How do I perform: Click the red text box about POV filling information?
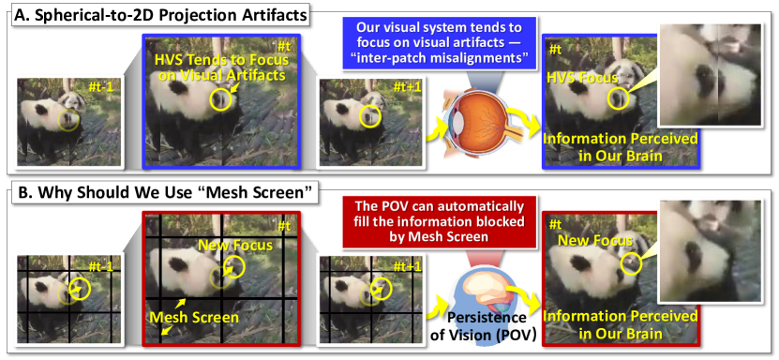(440, 222)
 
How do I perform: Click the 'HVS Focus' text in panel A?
(582, 78)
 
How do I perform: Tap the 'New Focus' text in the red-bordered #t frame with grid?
(235, 245)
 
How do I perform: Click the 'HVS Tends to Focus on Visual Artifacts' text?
(221, 67)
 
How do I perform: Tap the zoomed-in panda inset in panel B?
(709, 251)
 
